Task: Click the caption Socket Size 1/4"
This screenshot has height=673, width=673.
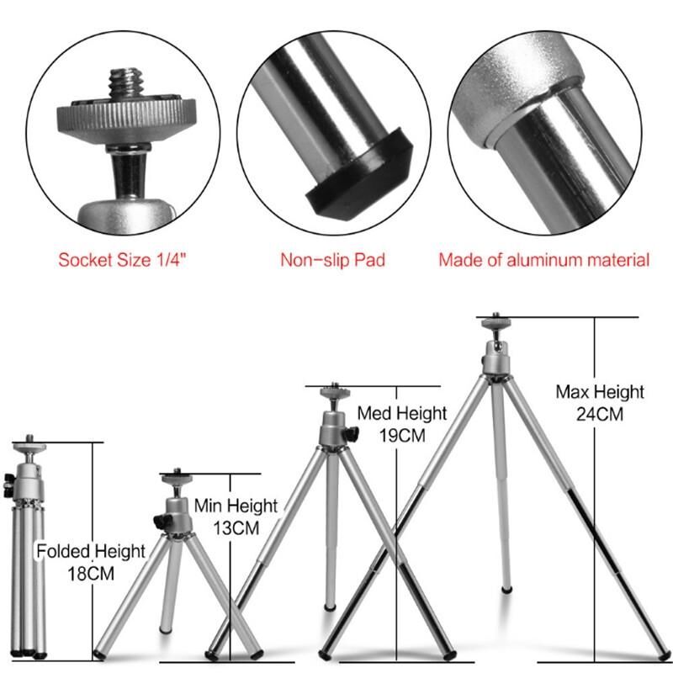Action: tap(123, 260)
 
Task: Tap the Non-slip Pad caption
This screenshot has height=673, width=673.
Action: tap(332, 260)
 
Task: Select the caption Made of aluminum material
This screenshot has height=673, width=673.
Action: tap(543, 260)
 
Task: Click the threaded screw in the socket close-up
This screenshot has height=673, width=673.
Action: tap(125, 82)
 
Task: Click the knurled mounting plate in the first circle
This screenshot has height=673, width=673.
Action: tap(126, 120)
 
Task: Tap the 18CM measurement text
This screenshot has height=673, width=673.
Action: tap(91, 574)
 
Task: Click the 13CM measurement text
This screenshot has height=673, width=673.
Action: tap(236, 528)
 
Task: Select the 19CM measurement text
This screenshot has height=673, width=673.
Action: tap(402, 436)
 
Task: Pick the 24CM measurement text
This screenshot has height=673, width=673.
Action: tap(600, 414)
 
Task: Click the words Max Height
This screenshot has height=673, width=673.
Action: tap(600, 392)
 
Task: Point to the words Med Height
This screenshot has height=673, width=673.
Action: tap(402, 413)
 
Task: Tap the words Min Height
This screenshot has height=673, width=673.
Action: tap(236, 506)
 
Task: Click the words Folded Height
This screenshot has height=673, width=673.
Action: tap(91, 552)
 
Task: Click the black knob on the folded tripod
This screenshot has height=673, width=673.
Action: tap(8, 485)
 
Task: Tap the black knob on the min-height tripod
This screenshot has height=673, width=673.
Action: tap(163, 522)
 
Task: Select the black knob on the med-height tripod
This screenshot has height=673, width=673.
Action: tap(351, 434)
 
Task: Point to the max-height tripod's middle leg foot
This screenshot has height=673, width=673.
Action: tap(507, 590)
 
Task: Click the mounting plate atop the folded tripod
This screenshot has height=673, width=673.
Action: tap(29, 447)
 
